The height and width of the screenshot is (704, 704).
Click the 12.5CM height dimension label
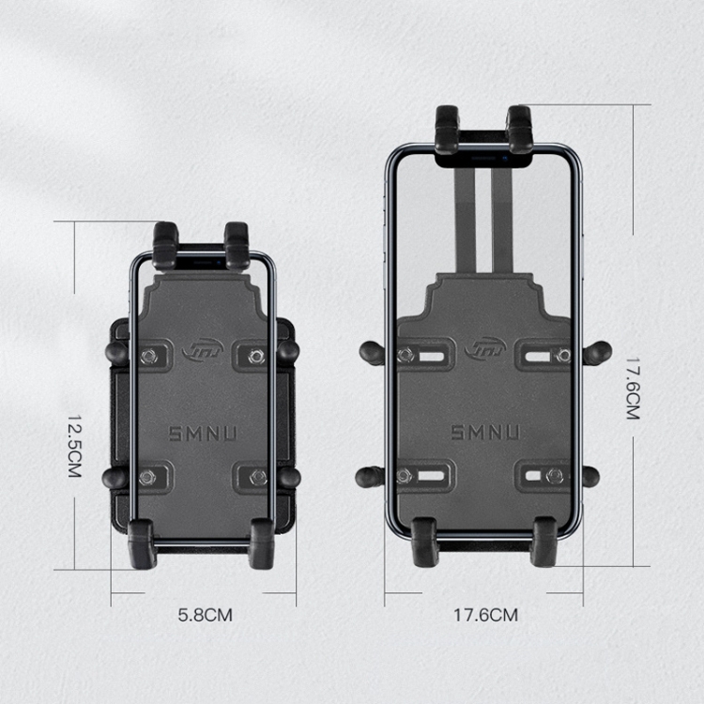pos(74,446)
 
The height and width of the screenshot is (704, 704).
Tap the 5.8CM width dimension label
pos(206,615)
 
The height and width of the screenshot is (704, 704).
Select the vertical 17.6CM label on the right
pos(633,389)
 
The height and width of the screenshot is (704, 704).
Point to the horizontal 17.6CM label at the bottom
pos(485,615)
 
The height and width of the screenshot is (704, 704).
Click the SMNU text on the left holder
pos(203,434)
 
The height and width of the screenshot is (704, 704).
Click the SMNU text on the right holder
pos(485,433)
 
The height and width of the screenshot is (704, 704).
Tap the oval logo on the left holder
pos(203,350)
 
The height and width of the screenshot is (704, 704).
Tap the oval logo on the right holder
pos(485,348)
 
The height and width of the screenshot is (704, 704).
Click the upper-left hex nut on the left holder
pos(148,357)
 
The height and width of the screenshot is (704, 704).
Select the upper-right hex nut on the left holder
pos(256,357)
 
